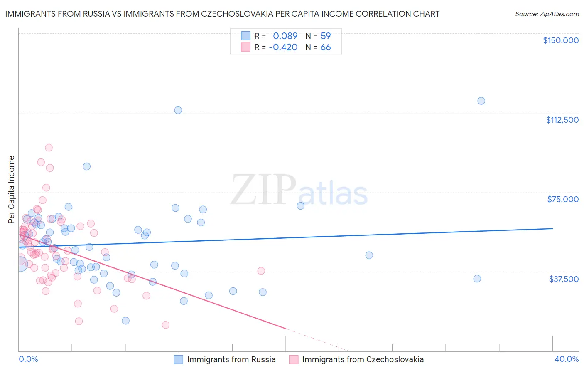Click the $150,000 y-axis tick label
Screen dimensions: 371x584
(560, 40)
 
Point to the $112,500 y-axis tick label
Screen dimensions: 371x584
(562, 120)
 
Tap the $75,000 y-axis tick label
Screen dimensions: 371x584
(563, 199)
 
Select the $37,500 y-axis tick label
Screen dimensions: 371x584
(564, 279)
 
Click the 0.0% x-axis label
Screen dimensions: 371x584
(28, 359)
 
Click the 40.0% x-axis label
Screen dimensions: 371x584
(566, 359)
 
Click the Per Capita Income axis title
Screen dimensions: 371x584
(11, 189)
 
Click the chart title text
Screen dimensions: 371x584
(222, 14)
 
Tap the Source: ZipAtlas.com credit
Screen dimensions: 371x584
(547, 14)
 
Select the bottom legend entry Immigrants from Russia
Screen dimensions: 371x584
(231, 359)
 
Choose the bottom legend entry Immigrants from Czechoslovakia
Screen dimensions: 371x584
(363, 359)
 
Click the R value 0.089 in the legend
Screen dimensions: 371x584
(285, 36)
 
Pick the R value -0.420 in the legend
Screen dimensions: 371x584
(283, 47)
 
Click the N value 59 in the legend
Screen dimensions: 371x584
(326, 36)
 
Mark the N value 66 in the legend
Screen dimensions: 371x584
(326, 47)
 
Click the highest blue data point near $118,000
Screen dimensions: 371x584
(481, 101)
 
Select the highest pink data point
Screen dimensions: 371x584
(49, 148)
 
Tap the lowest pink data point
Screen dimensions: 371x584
(165, 325)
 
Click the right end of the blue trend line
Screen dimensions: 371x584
(552, 228)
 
